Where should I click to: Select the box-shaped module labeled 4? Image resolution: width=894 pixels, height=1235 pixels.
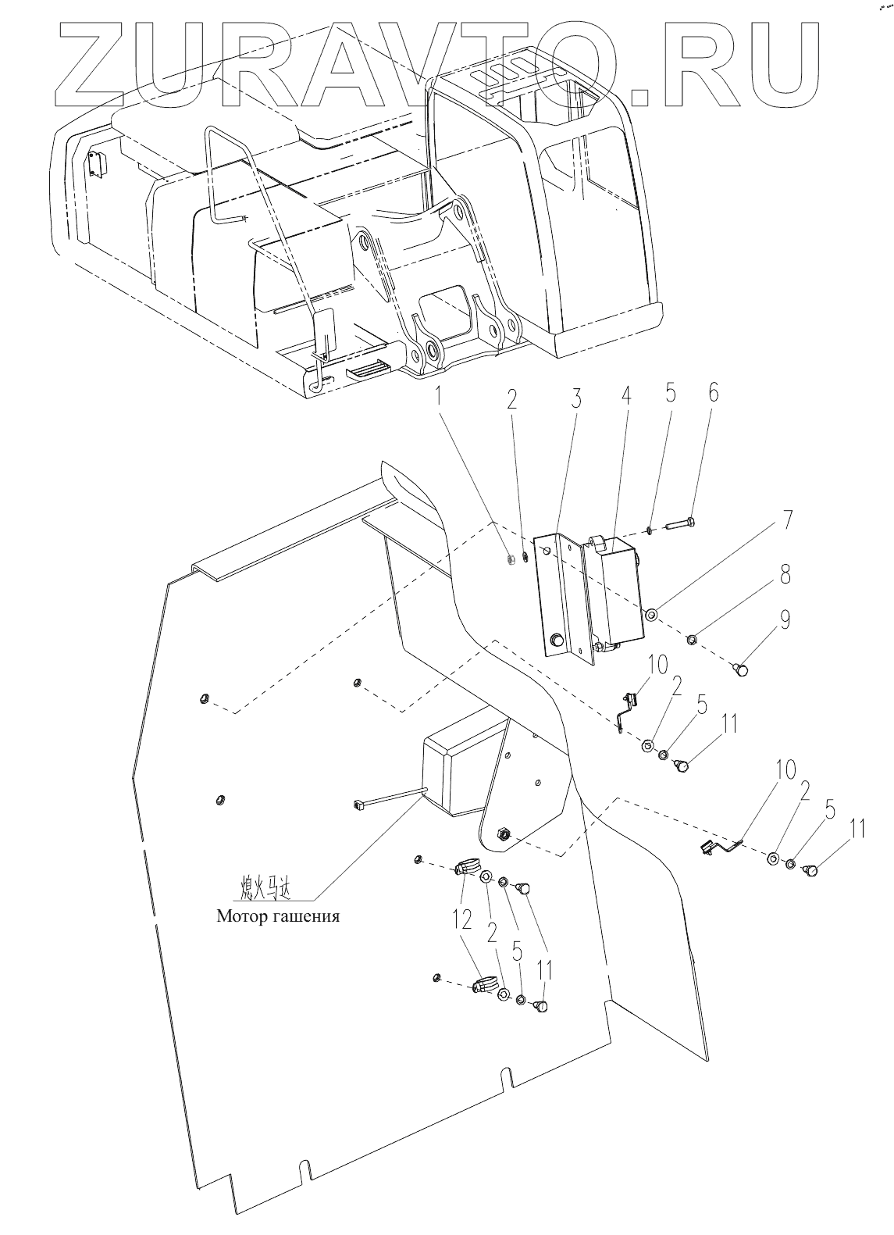[x=617, y=591]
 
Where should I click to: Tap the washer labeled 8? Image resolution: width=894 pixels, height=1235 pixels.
[x=693, y=641]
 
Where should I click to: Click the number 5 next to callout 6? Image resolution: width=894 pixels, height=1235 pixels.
[x=669, y=397]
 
